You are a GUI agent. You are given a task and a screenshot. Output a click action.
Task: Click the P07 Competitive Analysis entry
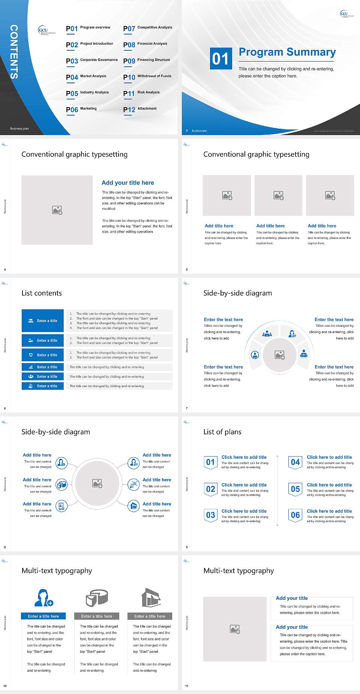[x=148, y=28]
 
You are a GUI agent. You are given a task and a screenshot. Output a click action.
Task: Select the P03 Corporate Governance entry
[x=92, y=60]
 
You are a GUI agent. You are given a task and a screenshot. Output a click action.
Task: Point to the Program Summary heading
[x=287, y=52]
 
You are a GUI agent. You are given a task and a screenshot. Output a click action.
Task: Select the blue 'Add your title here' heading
[x=127, y=183]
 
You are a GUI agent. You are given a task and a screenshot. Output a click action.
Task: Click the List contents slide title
[x=42, y=293]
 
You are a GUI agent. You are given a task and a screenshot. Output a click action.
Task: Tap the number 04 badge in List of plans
[x=295, y=462]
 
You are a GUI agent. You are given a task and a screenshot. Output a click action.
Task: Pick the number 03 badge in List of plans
[x=210, y=515]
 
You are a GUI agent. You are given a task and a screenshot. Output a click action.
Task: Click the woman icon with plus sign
[x=43, y=598]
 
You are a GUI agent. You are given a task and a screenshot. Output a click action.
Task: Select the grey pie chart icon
[x=97, y=598]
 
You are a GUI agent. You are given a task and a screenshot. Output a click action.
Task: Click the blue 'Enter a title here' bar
[x=43, y=616]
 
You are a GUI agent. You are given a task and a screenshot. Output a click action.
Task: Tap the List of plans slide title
[x=222, y=432]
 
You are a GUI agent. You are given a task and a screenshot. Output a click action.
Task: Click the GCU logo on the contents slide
[x=46, y=31]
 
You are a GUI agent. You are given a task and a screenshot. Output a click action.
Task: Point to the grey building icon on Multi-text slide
[x=151, y=598]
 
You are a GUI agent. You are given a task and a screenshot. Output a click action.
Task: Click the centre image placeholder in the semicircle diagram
[x=280, y=355]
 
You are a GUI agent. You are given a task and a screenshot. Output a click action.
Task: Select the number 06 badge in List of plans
[x=295, y=515]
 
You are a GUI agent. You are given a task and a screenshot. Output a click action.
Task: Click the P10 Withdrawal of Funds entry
[x=147, y=77]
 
